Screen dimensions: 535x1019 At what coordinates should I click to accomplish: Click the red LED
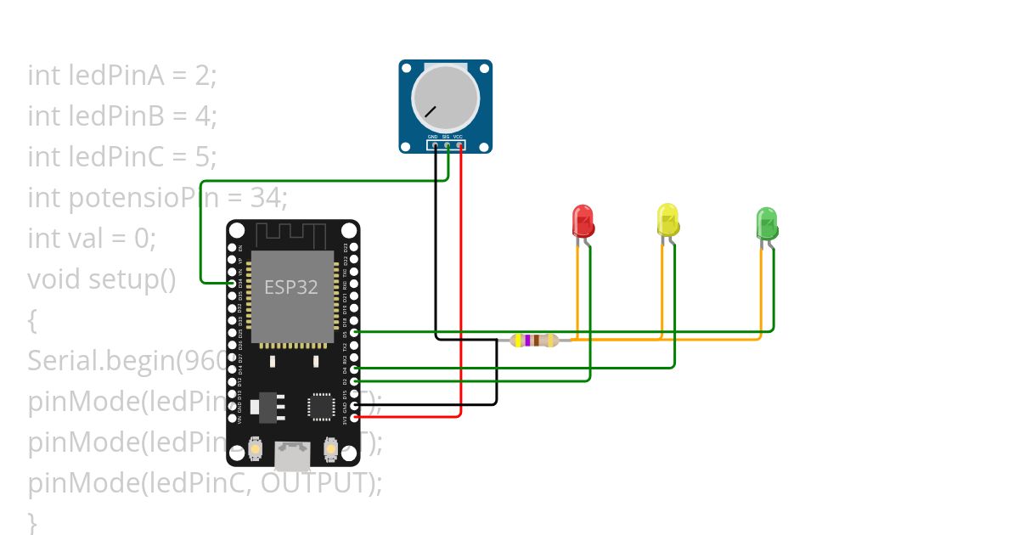583,221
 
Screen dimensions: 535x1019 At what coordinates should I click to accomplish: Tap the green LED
767,222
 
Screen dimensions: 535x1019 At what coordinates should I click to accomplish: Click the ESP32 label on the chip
291,287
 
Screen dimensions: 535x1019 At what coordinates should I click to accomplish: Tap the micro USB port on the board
292,456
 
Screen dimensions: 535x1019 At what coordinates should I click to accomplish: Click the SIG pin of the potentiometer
447,144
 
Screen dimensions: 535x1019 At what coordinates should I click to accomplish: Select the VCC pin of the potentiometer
459,144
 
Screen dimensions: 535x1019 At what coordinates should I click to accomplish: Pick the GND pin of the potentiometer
434,144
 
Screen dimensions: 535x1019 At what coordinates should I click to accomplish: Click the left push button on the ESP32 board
255,448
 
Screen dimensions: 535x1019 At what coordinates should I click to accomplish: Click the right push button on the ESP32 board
331,448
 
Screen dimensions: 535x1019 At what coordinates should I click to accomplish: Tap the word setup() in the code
132,279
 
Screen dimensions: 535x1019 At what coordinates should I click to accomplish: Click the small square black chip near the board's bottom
322,406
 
